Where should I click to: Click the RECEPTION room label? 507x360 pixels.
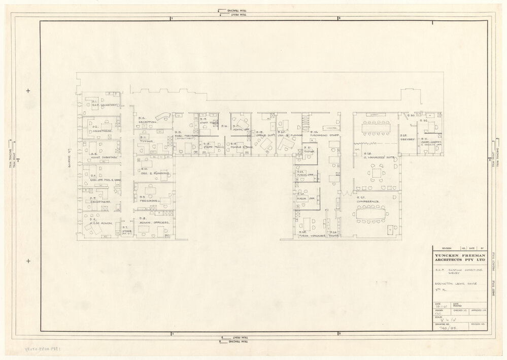coord(146,122)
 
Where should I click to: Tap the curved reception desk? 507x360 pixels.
coord(163,116)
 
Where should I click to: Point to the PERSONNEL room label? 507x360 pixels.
coord(150,201)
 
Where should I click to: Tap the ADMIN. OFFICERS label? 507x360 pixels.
coord(154,223)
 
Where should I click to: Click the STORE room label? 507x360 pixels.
coord(126,232)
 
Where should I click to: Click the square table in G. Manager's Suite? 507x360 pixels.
coord(377,173)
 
